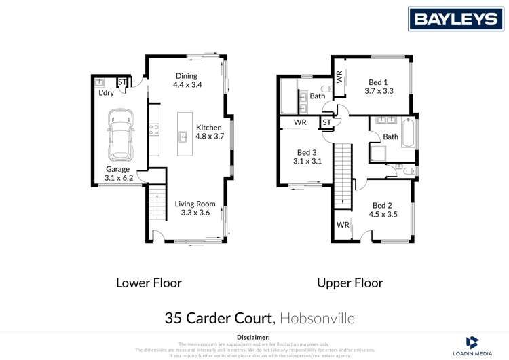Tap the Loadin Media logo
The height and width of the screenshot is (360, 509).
point(473,346)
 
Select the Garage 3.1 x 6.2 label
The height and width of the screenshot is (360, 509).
point(118,174)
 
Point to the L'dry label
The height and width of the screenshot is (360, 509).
point(106,92)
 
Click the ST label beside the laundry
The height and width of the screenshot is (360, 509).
point(122,83)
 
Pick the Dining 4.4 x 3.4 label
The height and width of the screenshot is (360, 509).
point(187,80)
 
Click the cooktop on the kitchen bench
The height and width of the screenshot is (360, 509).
point(155,130)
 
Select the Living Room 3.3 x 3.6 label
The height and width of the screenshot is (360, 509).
point(195,208)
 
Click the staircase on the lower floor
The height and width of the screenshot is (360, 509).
point(157,204)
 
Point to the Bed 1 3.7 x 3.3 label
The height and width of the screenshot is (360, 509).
point(379,85)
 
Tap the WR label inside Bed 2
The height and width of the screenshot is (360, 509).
point(342,224)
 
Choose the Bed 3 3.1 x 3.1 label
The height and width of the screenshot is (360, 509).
point(307,157)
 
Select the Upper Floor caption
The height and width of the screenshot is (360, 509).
point(350,283)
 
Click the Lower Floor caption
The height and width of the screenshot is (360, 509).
point(149,283)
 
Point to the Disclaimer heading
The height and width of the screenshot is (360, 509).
point(254,337)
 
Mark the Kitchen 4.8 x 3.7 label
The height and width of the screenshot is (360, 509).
point(209,132)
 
